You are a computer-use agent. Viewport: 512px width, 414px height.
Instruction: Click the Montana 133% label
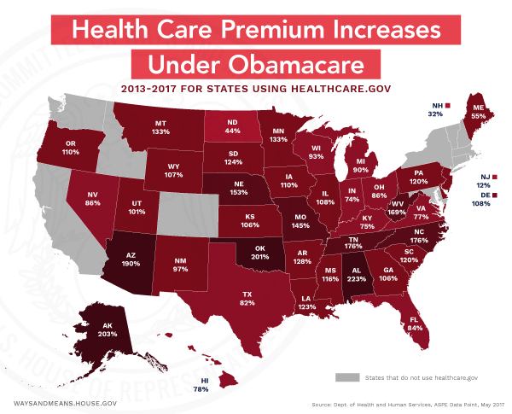click(160, 127)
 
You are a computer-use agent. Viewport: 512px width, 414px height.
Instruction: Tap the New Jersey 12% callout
click(483, 181)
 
